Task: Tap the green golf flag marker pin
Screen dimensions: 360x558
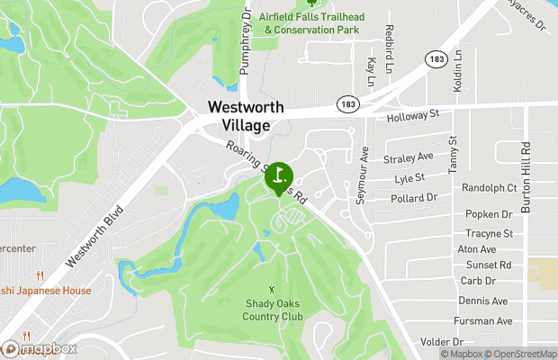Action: click(x=279, y=175)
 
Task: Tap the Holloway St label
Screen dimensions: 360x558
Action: click(x=412, y=115)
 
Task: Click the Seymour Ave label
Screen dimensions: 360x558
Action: click(x=362, y=175)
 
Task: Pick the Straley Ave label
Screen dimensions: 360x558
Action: click(x=408, y=157)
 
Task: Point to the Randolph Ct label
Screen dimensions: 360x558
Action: click(x=490, y=188)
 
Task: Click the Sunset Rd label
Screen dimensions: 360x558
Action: click(x=489, y=265)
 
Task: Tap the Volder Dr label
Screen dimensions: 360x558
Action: click(x=441, y=342)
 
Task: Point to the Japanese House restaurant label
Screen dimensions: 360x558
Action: click(x=45, y=291)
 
